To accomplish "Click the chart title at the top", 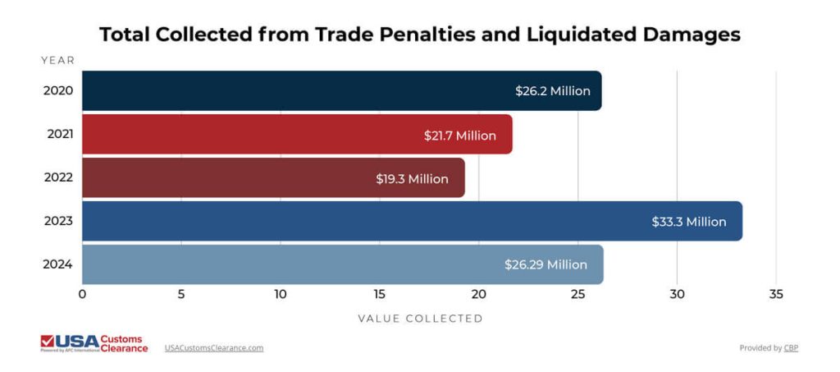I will (419, 34).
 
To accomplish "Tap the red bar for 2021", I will (246, 135).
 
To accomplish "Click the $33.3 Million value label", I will (688, 222).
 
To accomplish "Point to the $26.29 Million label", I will (546, 264).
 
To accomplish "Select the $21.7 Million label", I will (459, 135).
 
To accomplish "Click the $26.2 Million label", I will (552, 91).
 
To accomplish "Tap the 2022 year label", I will (58, 177).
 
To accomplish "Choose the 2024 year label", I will (58, 264).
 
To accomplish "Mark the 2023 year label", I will (58, 221).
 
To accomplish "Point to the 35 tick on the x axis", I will (776, 294).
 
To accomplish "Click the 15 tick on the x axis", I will (380, 294).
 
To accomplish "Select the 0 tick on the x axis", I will (82, 294).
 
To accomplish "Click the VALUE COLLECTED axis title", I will (420, 319).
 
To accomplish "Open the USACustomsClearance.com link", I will (214, 348).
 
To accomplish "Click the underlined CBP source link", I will (790, 348).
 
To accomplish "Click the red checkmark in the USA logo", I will (48, 340).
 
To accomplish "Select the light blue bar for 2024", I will (287, 264).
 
